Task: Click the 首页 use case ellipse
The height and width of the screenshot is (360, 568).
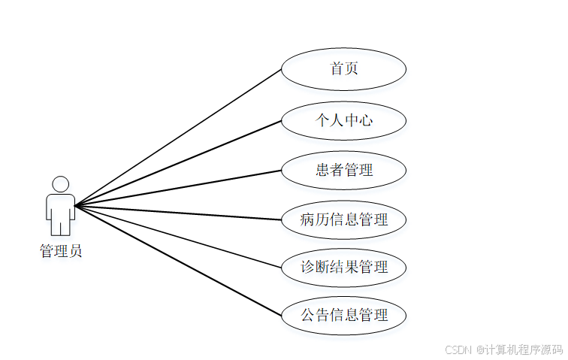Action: click(344, 69)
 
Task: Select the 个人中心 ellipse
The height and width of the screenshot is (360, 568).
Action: click(344, 120)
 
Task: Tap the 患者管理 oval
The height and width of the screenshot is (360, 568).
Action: click(344, 170)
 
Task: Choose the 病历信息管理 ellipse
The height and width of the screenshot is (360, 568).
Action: click(344, 219)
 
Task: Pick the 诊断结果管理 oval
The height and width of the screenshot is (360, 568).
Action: click(344, 267)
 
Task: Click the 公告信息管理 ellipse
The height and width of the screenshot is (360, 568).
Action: click(344, 315)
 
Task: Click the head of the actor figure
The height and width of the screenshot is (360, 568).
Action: click(60, 184)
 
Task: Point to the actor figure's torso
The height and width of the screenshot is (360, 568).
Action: click(60, 204)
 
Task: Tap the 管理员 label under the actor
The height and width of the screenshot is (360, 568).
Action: click(61, 251)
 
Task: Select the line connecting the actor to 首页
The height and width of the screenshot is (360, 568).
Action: click(179, 138)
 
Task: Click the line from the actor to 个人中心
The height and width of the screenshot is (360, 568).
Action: click(179, 162)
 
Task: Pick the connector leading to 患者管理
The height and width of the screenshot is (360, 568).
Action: click(179, 188)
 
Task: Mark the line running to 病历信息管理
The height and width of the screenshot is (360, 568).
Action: click(179, 213)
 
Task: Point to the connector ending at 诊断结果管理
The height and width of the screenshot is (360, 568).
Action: click(179, 236)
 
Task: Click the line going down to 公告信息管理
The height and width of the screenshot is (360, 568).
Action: click(179, 260)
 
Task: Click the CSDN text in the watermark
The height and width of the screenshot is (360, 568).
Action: click(458, 349)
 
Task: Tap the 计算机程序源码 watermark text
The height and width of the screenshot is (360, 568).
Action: click(525, 349)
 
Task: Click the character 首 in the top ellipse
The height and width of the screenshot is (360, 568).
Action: click(337, 69)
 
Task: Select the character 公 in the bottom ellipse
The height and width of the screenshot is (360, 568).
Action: click(308, 315)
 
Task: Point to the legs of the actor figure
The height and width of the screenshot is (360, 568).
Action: click(60, 225)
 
